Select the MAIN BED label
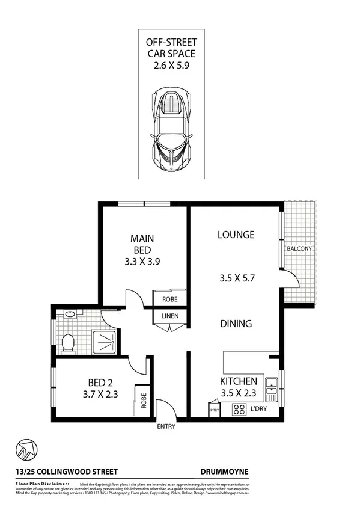tap(142, 244)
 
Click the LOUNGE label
tap(236, 235)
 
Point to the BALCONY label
tap(299, 248)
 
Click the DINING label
tap(236, 324)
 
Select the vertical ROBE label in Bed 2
tap(144, 401)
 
